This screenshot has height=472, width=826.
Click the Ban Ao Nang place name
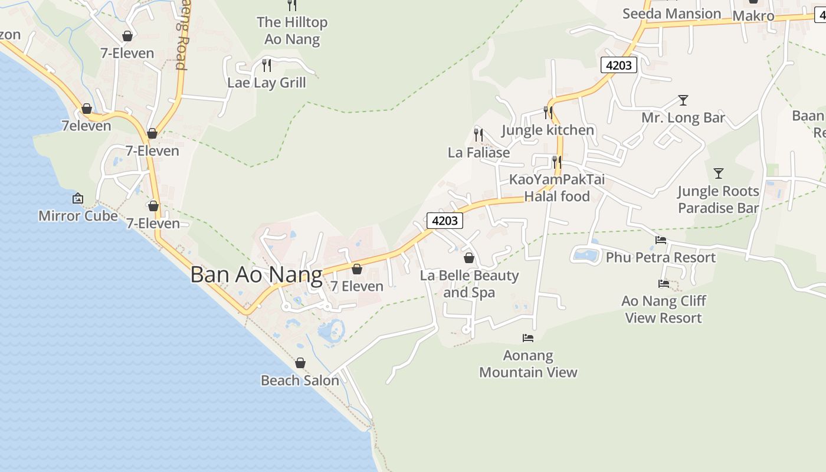coord(256,275)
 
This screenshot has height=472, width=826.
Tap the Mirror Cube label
coord(78,216)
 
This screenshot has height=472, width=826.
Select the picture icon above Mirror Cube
coord(78,198)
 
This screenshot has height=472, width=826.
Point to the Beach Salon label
coord(300,381)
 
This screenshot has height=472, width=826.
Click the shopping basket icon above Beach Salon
coord(300,363)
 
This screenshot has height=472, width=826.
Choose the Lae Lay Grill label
coord(267,83)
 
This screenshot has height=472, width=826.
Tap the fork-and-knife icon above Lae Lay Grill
coord(267,65)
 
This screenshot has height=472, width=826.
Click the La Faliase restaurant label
coord(478,153)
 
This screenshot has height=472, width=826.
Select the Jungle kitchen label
coord(548,130)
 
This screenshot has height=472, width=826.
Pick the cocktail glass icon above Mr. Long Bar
coord(683,100)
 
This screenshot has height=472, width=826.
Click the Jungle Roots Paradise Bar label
coord(718,199)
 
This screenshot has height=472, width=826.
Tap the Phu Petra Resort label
coord(660,258)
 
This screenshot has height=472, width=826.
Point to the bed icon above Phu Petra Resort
coord(661,240)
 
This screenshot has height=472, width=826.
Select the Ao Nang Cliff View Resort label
coord(664,309)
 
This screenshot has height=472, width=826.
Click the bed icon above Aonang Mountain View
coord(528,338)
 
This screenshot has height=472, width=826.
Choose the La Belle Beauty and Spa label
coord(469,284)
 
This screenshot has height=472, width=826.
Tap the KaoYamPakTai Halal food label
coord(557,188)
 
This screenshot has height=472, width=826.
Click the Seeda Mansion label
coord(671,14)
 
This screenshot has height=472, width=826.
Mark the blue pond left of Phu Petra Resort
coord(585,255)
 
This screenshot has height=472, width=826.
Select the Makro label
coord(753,16)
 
